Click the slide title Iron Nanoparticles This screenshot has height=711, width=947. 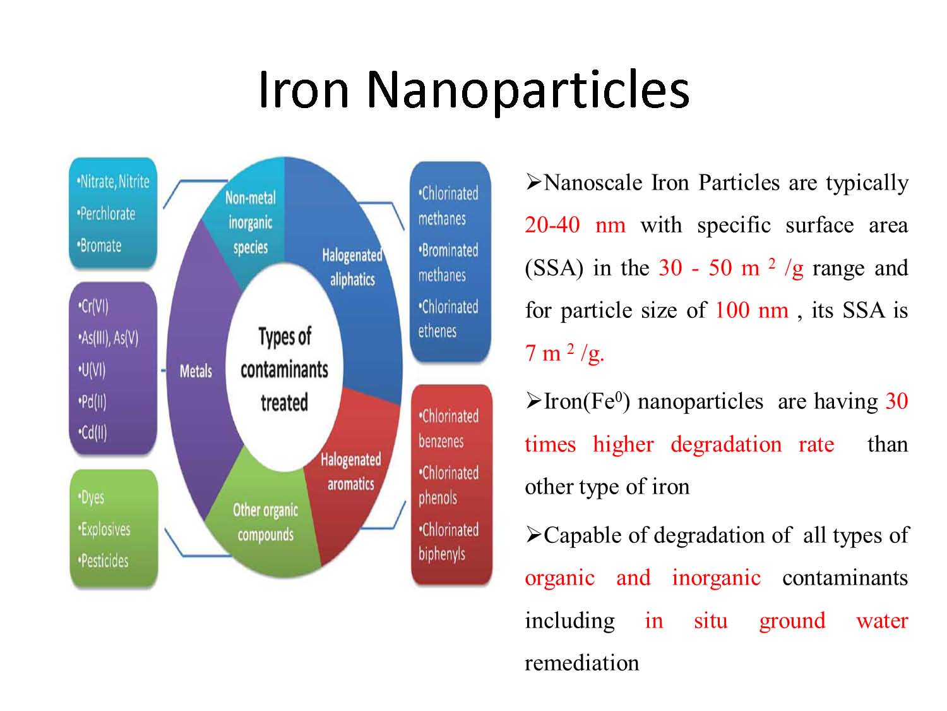coord(473,90)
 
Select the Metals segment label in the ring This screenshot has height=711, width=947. coord(196,371)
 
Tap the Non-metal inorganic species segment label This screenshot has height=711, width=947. coord(250,222)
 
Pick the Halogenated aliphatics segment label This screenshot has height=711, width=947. coord(352,267)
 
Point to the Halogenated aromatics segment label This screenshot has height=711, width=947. coord(351,471)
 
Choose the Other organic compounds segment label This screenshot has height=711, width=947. coord(265,522)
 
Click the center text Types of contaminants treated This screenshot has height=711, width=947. coord(284,370)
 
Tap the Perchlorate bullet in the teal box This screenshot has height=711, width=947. coord(106,213)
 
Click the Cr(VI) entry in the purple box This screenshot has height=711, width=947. coord(93,307)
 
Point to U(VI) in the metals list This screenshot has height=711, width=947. coord(92,370)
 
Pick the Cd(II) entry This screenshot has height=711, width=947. coord(92,432)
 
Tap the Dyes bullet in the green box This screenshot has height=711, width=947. coord(91,497)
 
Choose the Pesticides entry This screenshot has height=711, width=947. coord(103,561)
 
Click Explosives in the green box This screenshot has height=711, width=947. coord(104,529)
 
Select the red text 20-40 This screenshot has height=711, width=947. coord(552,225)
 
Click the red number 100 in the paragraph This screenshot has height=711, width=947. coord(732,310)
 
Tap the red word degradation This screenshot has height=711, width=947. coord(726,444)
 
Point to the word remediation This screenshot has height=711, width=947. coord(581,662)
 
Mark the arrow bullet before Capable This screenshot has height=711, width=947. coord(533,535)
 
